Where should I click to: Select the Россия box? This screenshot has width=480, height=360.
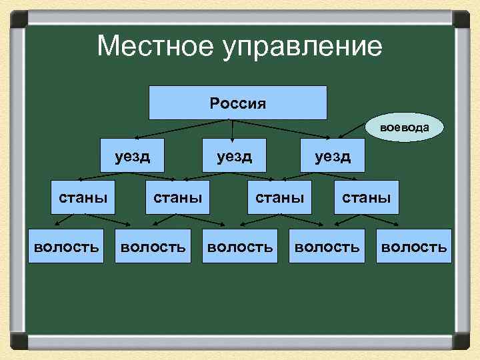coord(237,103)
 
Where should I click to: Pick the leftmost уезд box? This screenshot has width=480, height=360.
coord(132,155)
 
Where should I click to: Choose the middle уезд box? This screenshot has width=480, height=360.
coord(233,155)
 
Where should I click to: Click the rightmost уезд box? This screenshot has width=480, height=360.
coord(333,155)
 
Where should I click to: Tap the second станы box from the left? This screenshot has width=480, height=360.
coord(177,197)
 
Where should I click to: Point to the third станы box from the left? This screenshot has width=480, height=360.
coord(279,197)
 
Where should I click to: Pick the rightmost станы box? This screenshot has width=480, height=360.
coord(366,197)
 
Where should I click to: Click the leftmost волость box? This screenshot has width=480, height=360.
coord(66,247)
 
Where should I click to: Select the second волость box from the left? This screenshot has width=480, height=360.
coord(152,247)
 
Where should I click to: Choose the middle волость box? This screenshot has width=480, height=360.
coord(240,247)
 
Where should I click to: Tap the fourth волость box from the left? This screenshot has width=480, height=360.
coord(327,247)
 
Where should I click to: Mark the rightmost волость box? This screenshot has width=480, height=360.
coord(413,247)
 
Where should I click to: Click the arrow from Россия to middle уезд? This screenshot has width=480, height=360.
coord(231,129)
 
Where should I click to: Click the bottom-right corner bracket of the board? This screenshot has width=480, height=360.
coord(461,343)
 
